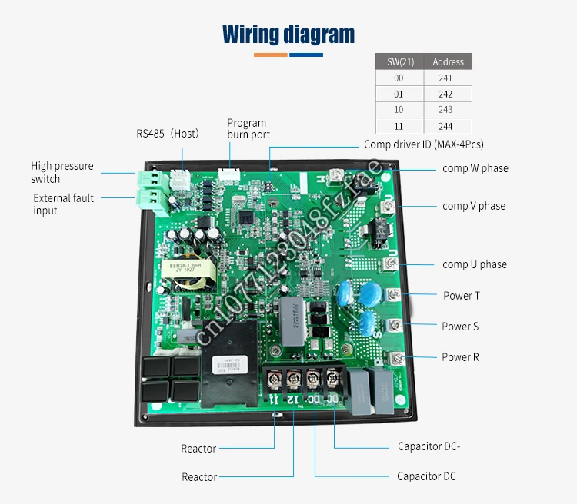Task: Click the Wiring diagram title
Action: point(288,35)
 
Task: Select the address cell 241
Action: point(448,78)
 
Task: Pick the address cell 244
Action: point(448,126)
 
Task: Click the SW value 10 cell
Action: point(399,110)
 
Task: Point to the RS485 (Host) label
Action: point(168,134)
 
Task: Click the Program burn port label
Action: point(247,128)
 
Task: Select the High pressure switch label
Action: point(62,172)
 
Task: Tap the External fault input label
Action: point(63,204)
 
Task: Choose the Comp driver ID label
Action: point(424,144)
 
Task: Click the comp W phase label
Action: point(475,168)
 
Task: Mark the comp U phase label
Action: point(474,264)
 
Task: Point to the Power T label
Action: point(462,296)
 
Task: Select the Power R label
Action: point(461,357)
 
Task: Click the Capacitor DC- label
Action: point(429,446)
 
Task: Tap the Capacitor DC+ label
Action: point(429,476)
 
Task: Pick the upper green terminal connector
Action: point(147,179)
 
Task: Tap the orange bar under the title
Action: point(271,55)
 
